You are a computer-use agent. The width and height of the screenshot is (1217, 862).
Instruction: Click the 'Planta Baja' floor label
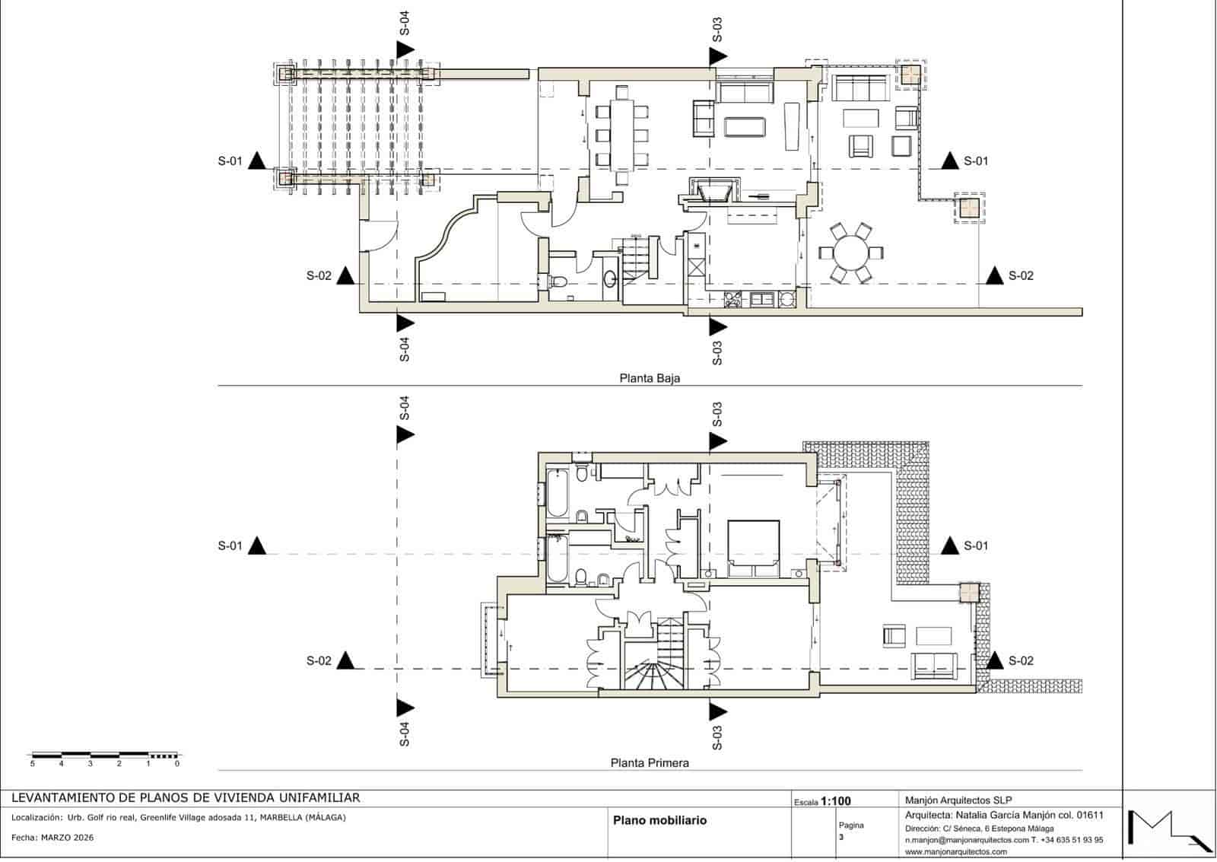[649, 377]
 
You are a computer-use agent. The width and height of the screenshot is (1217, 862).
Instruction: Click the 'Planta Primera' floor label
[650, 762]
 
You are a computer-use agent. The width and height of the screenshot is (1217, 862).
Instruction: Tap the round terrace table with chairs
[850, 251]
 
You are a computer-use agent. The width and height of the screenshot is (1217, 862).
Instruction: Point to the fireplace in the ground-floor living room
[713, 190]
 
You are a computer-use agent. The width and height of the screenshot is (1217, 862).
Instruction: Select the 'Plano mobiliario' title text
[659, 820]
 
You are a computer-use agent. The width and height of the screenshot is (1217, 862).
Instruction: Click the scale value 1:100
[836, 801]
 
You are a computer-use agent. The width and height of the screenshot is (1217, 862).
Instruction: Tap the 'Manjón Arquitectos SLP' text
[958, 800]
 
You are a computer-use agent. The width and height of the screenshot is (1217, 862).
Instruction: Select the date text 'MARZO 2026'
[68, 837]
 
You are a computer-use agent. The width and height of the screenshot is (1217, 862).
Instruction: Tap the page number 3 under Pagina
[841, 837]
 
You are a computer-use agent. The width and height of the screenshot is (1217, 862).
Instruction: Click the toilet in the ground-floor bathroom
[558, 282]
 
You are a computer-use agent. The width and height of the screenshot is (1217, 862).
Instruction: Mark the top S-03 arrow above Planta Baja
[717, 56]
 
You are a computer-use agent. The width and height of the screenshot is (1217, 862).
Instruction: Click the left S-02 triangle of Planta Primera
[346, 660]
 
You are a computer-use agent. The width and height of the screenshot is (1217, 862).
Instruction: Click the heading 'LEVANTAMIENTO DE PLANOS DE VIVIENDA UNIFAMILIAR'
[186, 797]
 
